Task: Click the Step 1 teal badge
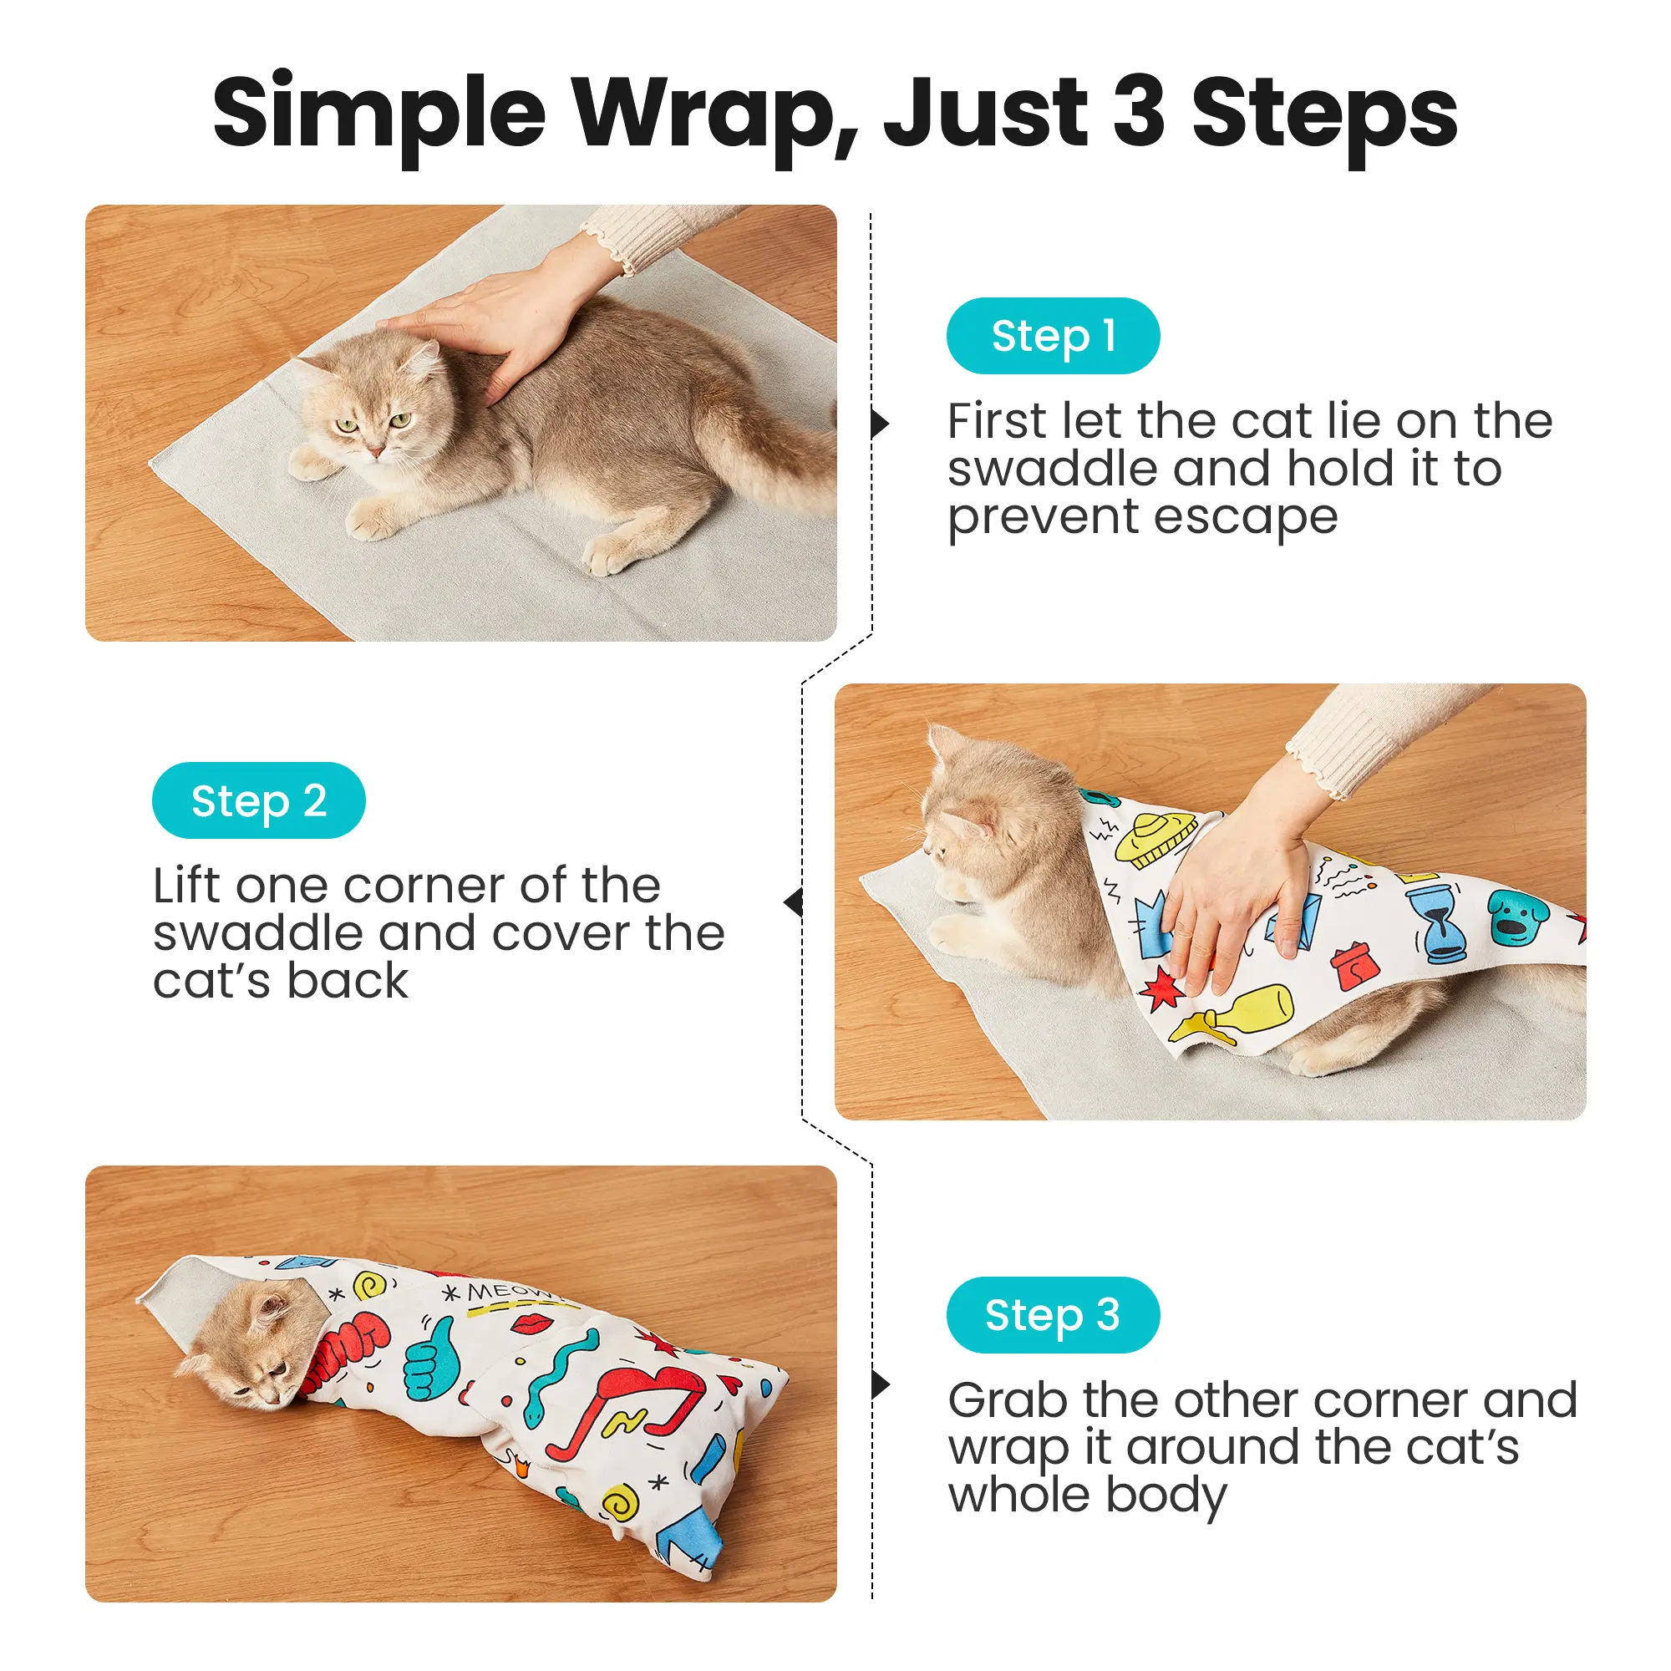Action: coord(1053,336)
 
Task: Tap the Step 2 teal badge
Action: coord(259,800)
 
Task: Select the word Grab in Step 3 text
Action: coord(1007,1400)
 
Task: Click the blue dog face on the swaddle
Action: coord(1518,917)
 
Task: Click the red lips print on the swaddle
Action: coord(533,1323)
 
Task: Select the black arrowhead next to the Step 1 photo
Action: coord(881,424)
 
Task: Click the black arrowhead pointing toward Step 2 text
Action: coord(793,903)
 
